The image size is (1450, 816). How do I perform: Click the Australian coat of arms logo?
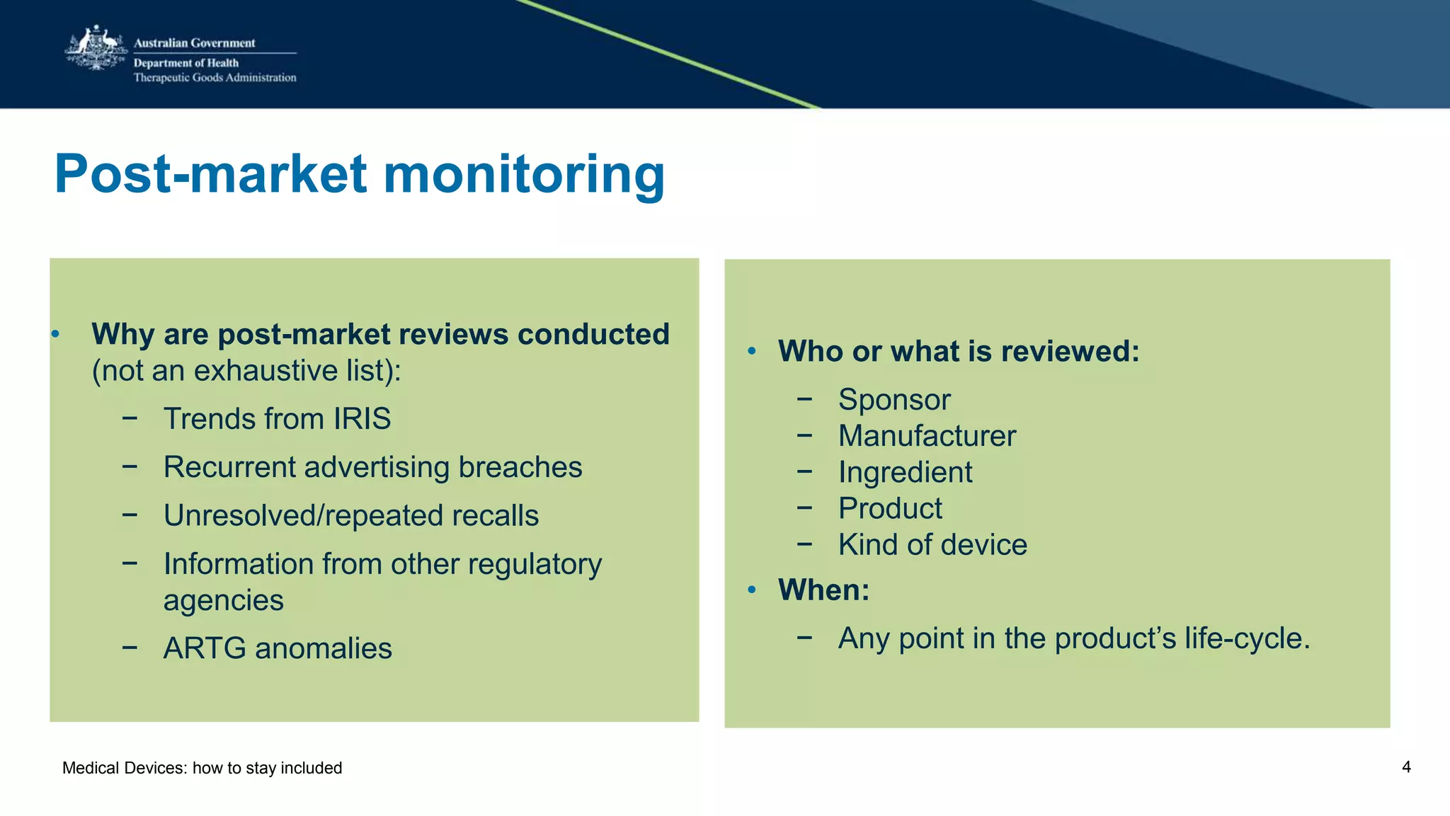point(96,49)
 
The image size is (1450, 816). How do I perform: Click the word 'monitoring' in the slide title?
point(524,174)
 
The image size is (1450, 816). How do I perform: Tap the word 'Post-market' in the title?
point(211,174)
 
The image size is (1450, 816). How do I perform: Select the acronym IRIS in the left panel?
point(362,419)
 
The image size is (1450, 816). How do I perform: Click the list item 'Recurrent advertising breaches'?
point(372,467)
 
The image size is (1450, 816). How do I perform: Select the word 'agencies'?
point(223,600)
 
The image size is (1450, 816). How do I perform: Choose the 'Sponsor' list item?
point(894,400)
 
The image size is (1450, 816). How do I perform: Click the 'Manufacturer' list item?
point(927,436)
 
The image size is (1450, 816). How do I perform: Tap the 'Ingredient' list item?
point(905,473)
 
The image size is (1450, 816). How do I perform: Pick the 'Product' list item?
point(890,509)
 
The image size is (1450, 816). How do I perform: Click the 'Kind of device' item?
point(932,545)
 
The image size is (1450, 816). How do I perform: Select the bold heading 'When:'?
point(823,590)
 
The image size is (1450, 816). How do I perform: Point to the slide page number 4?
point(1406,767)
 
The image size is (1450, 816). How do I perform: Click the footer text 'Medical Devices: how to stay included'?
point(202,768)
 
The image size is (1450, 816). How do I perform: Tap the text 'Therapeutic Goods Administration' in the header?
point(215,78)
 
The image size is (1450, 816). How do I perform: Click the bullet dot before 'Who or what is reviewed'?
point(752,351)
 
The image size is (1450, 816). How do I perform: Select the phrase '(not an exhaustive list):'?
point(246,371)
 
